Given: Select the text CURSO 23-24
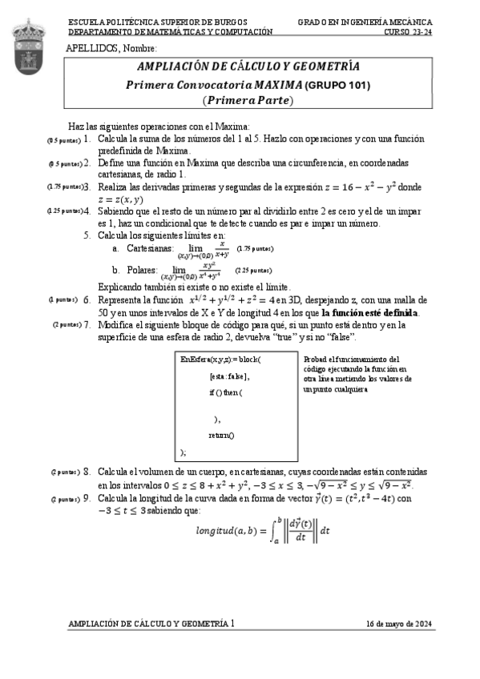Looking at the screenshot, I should click(x=409, y=32).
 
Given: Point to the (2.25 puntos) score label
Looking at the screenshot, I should click(x=254, y=271).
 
